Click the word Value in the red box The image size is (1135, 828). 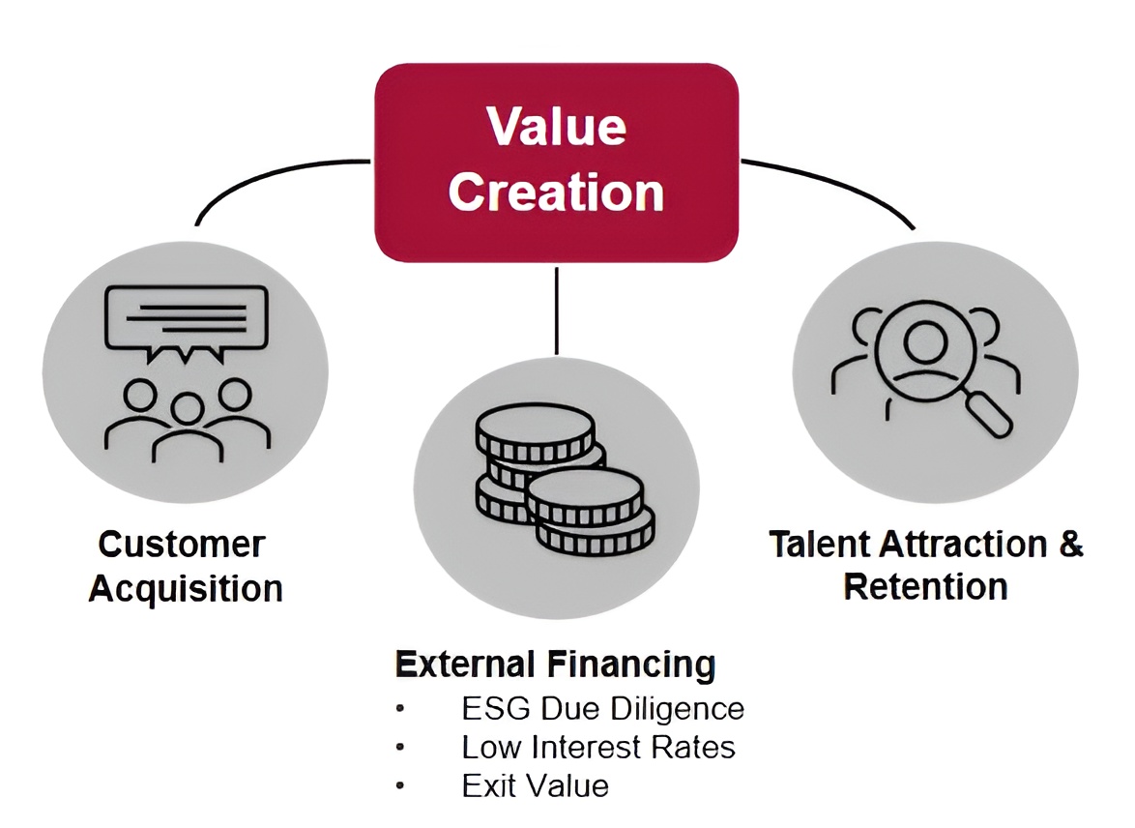pyautogui.click(x=556, y=127)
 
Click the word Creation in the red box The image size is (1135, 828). pyautogui.click(x=556, y=192)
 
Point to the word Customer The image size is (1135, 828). pyautogui.click(x=181, y=545)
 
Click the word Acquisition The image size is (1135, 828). pyautogui.click(x=186, y=588)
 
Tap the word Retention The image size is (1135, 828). pyautogui.click(x=925, y=586)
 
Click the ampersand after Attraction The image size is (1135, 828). pyautogui.click(x=1069, y=544)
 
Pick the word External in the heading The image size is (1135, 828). pyautogui.click(x=466, y=665)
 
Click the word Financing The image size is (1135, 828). pyautogui.click(x=631, y=665)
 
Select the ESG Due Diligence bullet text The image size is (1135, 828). pyautogui.click(x=602, y=709)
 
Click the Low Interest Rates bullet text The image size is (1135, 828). pyautogui.click(x=598, y=748)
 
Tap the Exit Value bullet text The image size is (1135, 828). pyautogui.click(x=535, y=785)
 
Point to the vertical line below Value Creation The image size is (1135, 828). pyautogui.click(x=557, y=310)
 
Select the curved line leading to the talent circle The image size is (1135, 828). pyautogui.click(x=841, y=184)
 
